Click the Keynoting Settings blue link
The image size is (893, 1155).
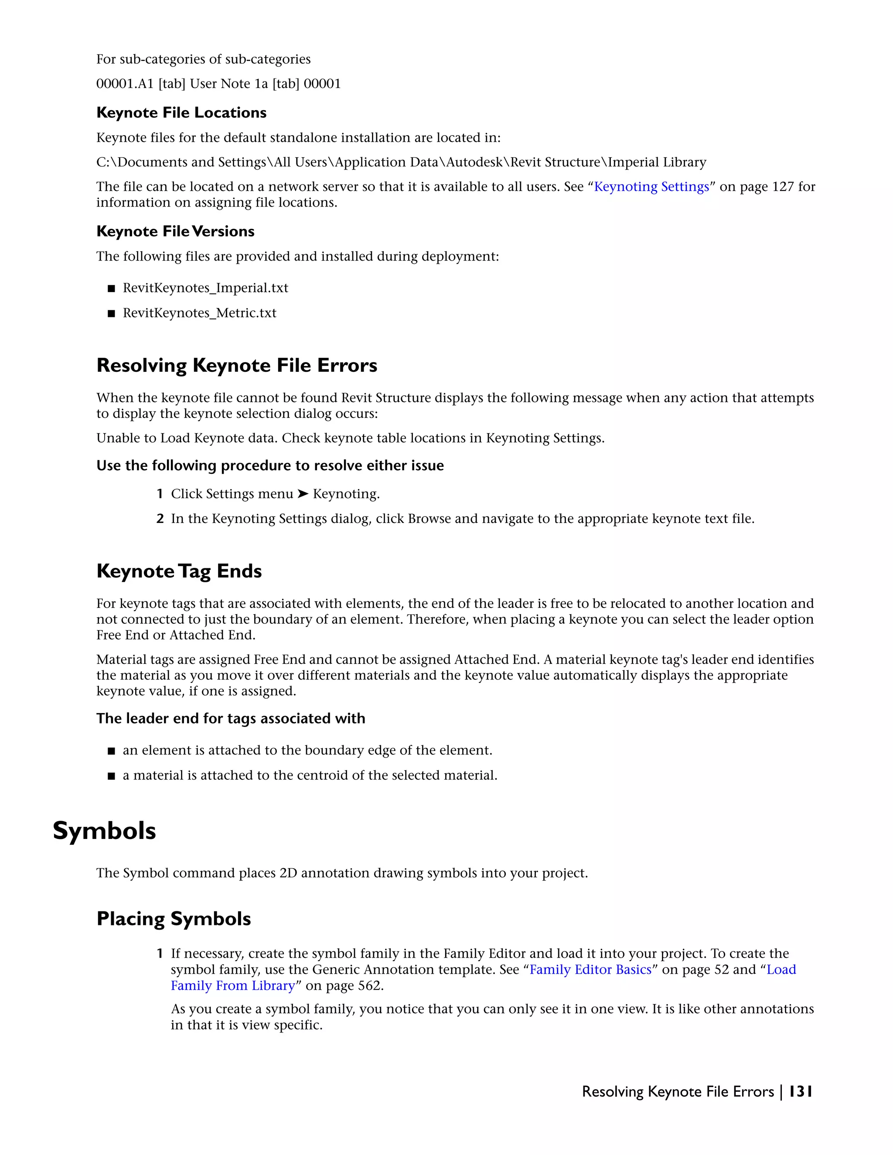(x=651, y=187)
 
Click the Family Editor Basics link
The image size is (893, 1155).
(x=590, y=969)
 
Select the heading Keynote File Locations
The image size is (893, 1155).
(x=181, y=112)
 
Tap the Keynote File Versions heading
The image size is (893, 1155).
(x=175, y=231)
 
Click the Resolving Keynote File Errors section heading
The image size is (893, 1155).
(x=236, y=365)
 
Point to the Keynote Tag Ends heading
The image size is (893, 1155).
(x=179, y=571)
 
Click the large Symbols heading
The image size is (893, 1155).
(x=104, y=831)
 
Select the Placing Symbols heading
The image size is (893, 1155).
(x=174, y=919)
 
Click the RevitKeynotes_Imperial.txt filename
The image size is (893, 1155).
(x=205, y=288)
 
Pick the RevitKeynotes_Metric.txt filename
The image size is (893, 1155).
(x=199, y=313)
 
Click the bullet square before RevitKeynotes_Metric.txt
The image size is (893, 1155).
(x=111, y=313)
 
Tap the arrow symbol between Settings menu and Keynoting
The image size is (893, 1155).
(x=303, y=493)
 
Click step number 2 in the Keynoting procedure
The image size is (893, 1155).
(x=160, y=518)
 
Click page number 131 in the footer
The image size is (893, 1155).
(x=800, y=1091)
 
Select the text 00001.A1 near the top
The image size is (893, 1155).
(x=125, y=84)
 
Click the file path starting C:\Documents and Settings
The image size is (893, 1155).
(x=401, y=162)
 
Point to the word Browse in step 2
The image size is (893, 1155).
(x=429, y=518)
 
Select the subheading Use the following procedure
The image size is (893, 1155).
(x=270, y=465)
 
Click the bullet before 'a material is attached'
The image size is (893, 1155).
(x=111, y=776)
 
